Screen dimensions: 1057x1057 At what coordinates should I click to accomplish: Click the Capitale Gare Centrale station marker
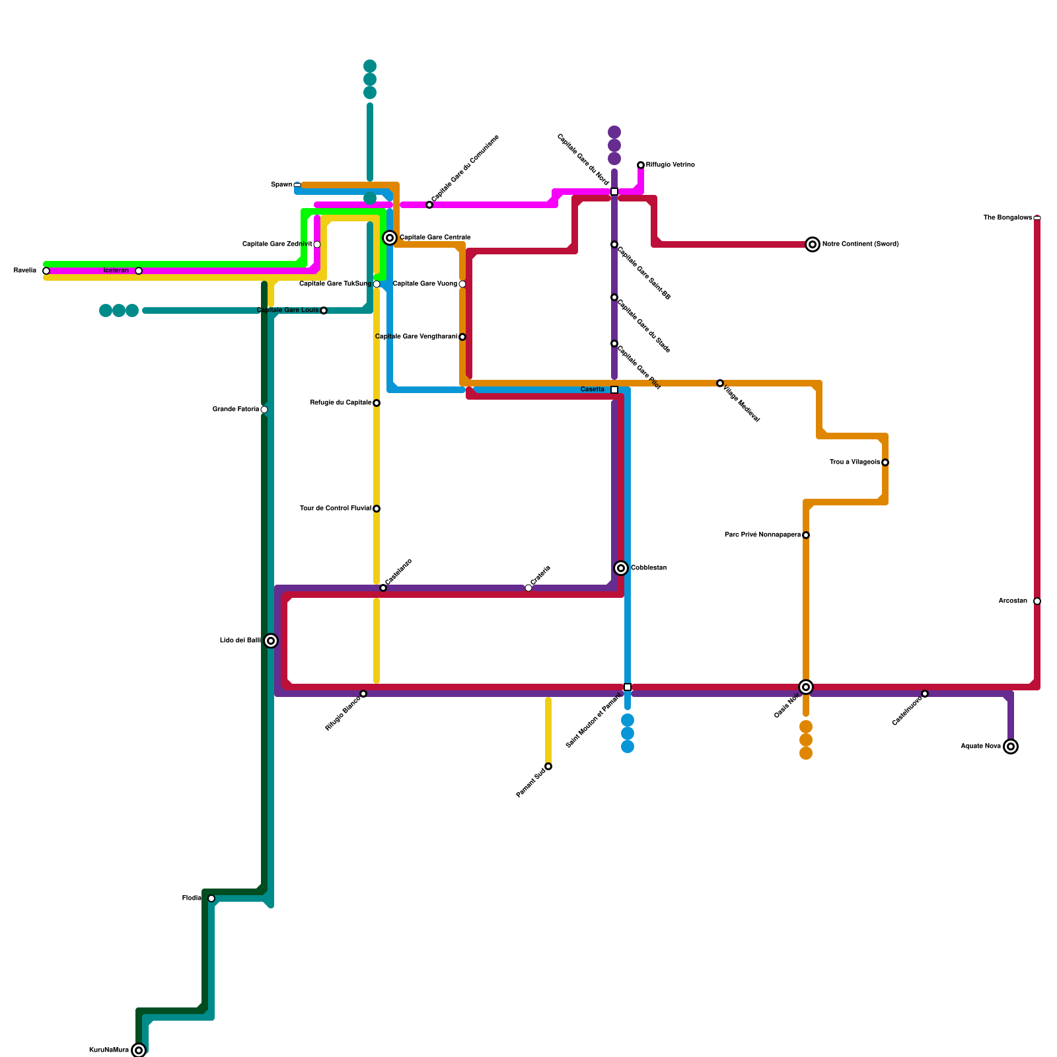pyautogui.click(x=390, y=238)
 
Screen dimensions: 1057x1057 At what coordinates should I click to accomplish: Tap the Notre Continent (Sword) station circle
pyautogui.click(x=813, y=244)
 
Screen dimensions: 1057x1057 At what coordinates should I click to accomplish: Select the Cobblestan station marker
pyautogui.click(x=621, y=568)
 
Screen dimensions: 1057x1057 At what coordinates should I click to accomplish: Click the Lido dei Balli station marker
pyautogui.click(x=271, y=641)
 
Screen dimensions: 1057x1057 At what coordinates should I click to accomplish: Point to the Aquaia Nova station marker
pyautogui.click(x=1011, y=747)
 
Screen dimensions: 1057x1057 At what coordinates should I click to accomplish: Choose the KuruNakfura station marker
pyautogui.click(x=139, y=1050)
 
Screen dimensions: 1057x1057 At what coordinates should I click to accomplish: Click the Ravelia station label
pyautogui.click(x=25, y=271)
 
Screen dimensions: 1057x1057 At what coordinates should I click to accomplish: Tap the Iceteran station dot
pyautogui.click(x=139, y=271)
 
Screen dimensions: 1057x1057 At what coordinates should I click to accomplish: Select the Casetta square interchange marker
pyautogui.click(x=614, y=390)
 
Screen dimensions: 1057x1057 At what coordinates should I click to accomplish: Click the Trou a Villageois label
pyautogui.click(x=855, y=462)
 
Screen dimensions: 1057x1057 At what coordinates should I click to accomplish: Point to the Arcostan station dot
pyautogui.click(x=1037, y=601)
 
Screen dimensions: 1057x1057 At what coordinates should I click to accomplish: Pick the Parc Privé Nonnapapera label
pyautogui.click(x=762, y=535)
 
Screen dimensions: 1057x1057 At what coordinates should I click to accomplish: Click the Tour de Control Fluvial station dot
pyautogui.click(x=377, y=509)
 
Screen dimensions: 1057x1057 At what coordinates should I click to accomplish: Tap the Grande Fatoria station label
pyautogui.click(x=236, y=410)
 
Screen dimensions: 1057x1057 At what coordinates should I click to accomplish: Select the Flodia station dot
pyautogui.click(x=211, y=898)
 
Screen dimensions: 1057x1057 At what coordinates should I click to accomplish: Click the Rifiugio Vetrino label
pyautogui.click(x=670, y=165)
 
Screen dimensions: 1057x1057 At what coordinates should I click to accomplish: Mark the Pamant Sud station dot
pyautogui.click(x=548, y=766)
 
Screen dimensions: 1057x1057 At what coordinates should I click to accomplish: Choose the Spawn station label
pyautogui.click(x=281, y=185)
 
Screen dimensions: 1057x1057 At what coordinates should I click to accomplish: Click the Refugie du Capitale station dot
pyautogui.click(x=377, y=403)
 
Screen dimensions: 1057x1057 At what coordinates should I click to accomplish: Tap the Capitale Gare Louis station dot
pyautogui.click(x=324, y=310)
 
